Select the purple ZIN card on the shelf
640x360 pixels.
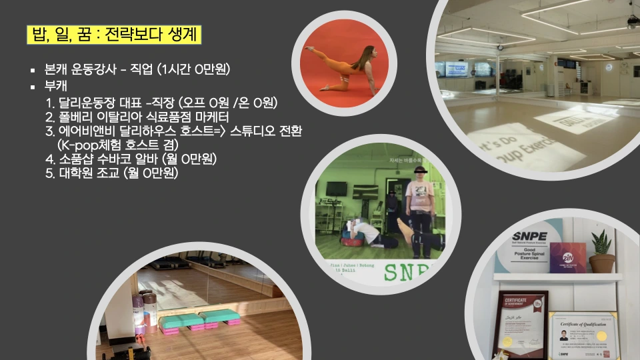(x=567, y=257)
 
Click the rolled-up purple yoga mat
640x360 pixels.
(x=139, y=313)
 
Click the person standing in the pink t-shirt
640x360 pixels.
(x=420, y=207)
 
